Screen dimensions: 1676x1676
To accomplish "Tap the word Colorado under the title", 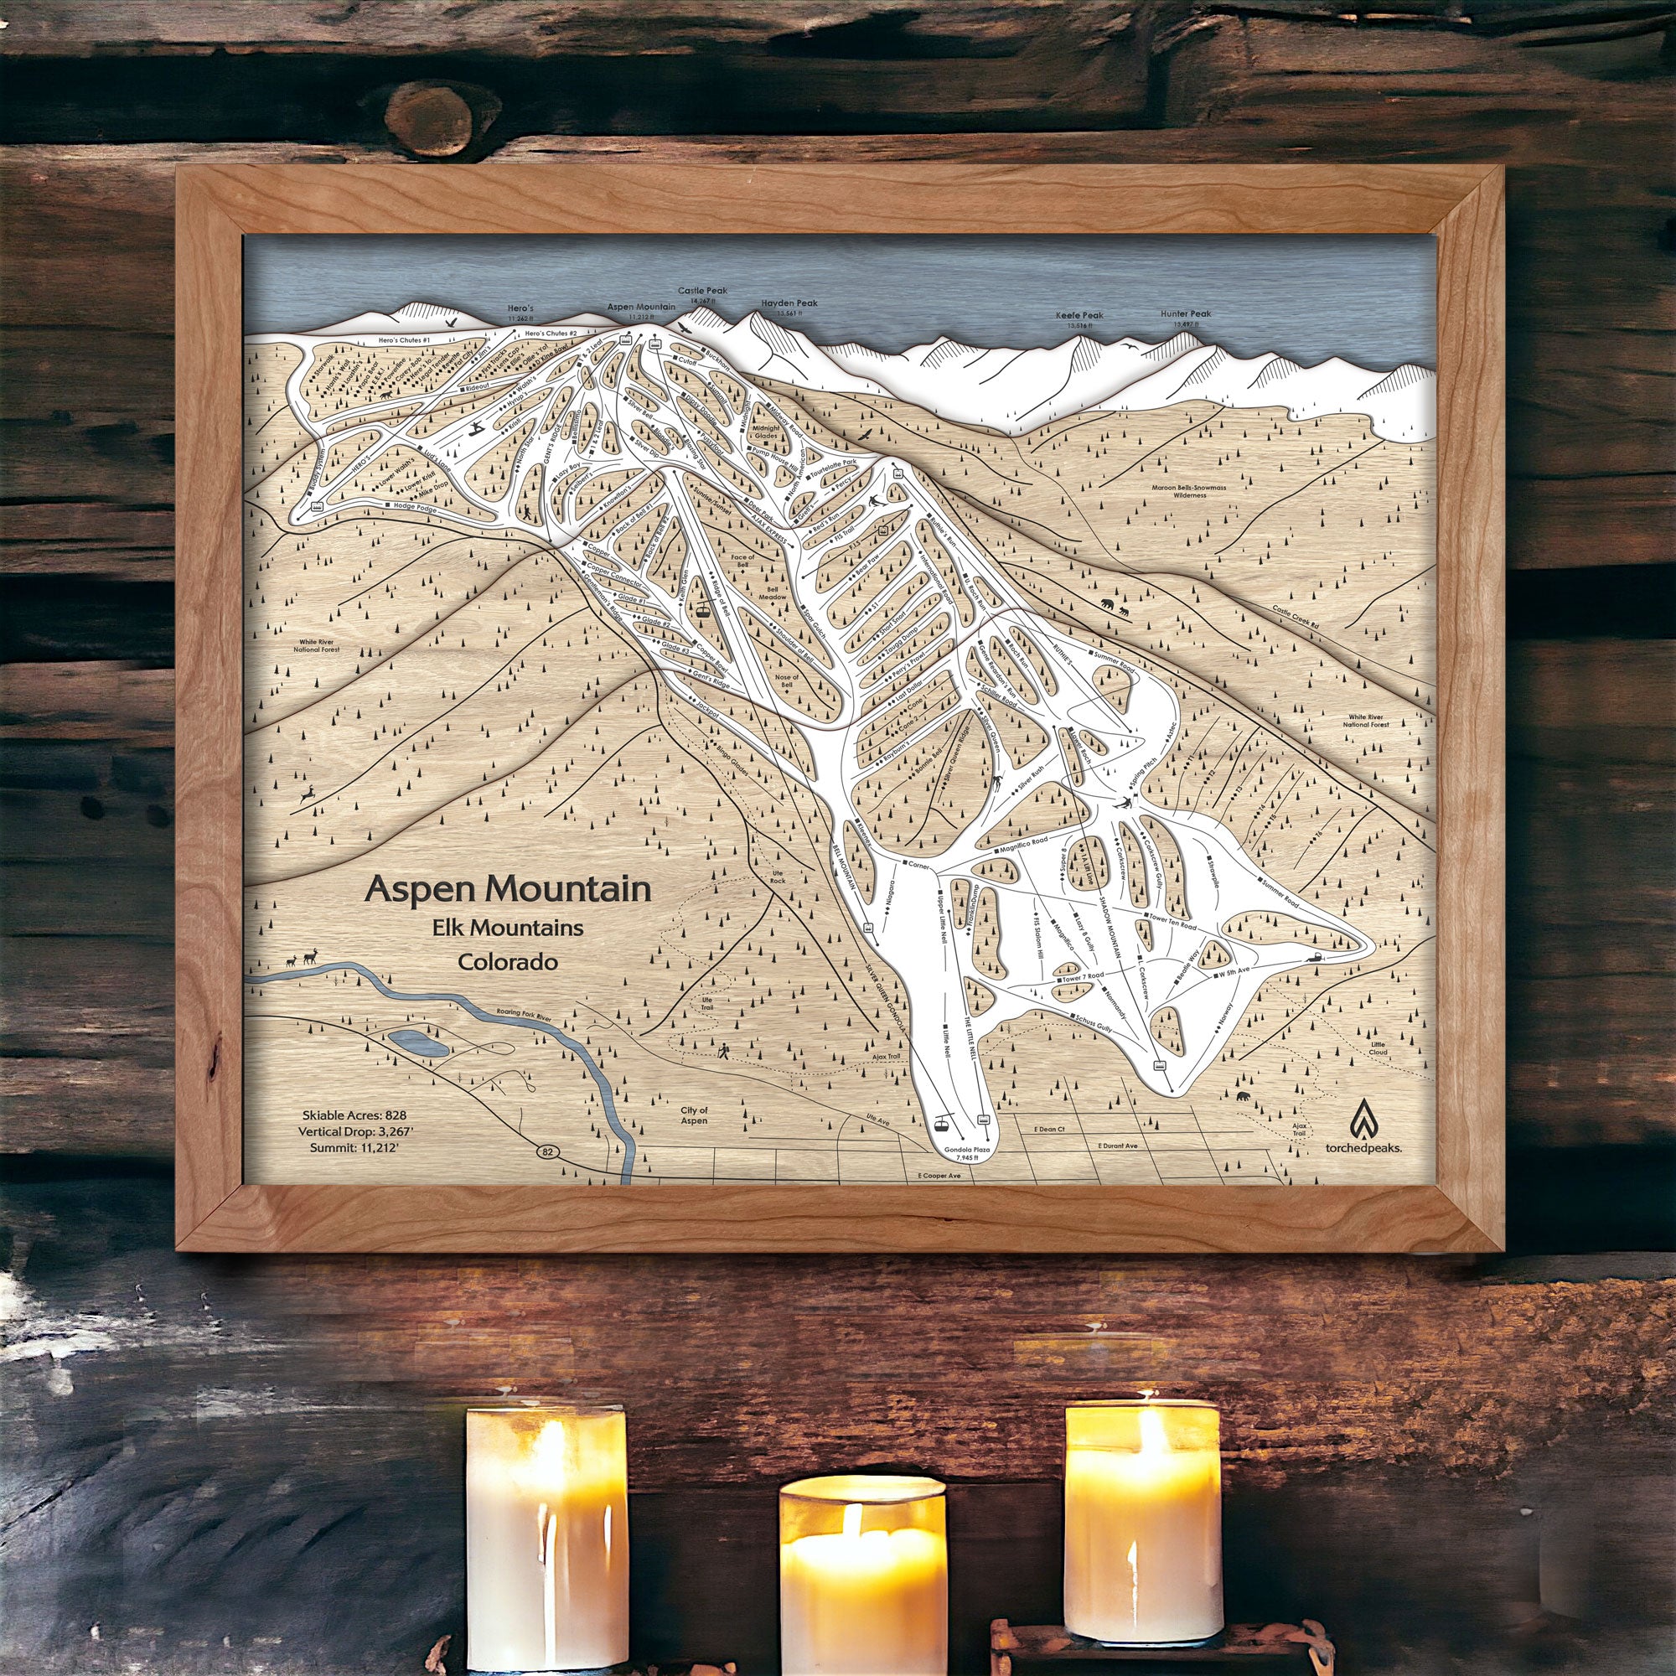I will [509, 962].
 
